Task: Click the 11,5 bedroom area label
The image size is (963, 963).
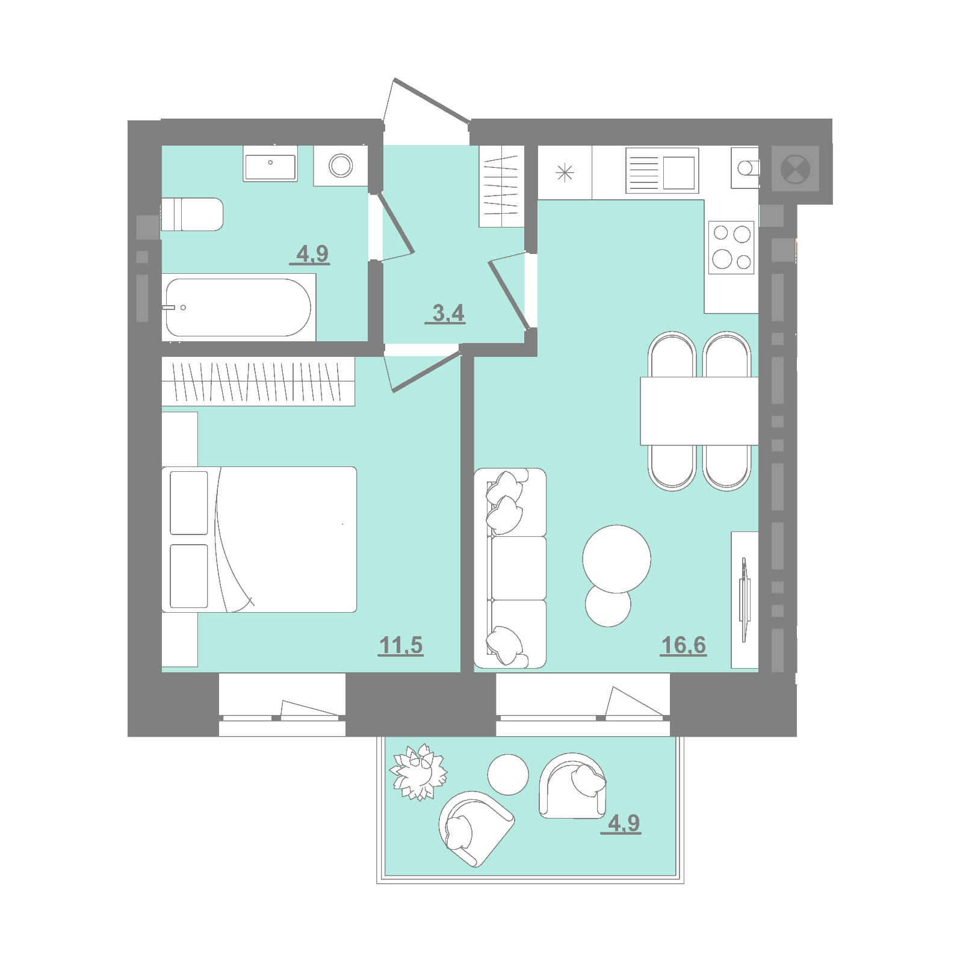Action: (401, 645)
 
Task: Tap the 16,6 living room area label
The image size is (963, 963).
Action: (683, 645)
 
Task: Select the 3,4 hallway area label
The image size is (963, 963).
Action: (447, 313)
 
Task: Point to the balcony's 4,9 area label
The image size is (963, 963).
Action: (623, 823)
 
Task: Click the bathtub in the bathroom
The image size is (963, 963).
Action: (238, 308)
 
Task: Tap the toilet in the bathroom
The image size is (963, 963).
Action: (192, 214)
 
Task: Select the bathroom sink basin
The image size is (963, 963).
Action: (270, 164)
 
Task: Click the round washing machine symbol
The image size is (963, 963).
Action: (341, 166)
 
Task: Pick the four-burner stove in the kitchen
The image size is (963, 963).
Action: (731, 247)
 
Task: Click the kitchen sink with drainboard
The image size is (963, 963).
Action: (662, 171)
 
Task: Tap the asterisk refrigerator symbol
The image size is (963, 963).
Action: (565, 173)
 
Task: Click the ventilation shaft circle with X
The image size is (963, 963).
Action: (795, 169)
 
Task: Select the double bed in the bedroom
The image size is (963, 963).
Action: (259, 539)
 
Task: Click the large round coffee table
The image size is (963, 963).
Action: (616, 559)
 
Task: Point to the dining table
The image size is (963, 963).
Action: (699, 411)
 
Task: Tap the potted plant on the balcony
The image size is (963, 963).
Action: (418, 772)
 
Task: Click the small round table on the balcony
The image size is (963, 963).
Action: (508, 775)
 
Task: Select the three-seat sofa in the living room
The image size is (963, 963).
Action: (510, 568)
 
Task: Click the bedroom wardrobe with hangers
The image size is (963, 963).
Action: (258, 382)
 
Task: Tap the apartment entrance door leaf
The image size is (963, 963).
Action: (431, 100)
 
